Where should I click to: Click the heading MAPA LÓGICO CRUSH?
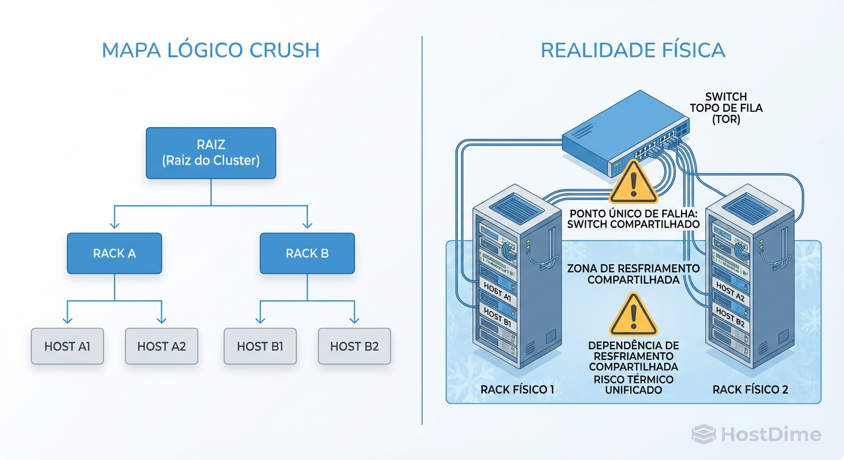point(210,50)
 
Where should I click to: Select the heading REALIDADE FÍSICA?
point(632,50)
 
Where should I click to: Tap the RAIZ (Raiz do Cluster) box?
point(211,153)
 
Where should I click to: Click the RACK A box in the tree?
point(114,253)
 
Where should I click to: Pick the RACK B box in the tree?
point(307,253)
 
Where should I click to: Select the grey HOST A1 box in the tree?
point(67,346)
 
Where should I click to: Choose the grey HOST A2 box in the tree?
point(161,346)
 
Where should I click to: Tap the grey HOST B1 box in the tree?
point(260,346)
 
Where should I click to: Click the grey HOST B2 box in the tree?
point(354,346)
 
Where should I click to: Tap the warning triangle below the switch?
point(633,183)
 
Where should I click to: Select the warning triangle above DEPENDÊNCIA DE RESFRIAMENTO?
point(633,315)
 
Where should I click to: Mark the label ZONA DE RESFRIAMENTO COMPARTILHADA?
point(633,274)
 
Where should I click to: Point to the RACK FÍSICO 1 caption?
point(517,390)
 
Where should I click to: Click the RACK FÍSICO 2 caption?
point(750,390)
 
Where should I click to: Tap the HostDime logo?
point(756,434)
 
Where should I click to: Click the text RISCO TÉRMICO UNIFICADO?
point(633,385)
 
